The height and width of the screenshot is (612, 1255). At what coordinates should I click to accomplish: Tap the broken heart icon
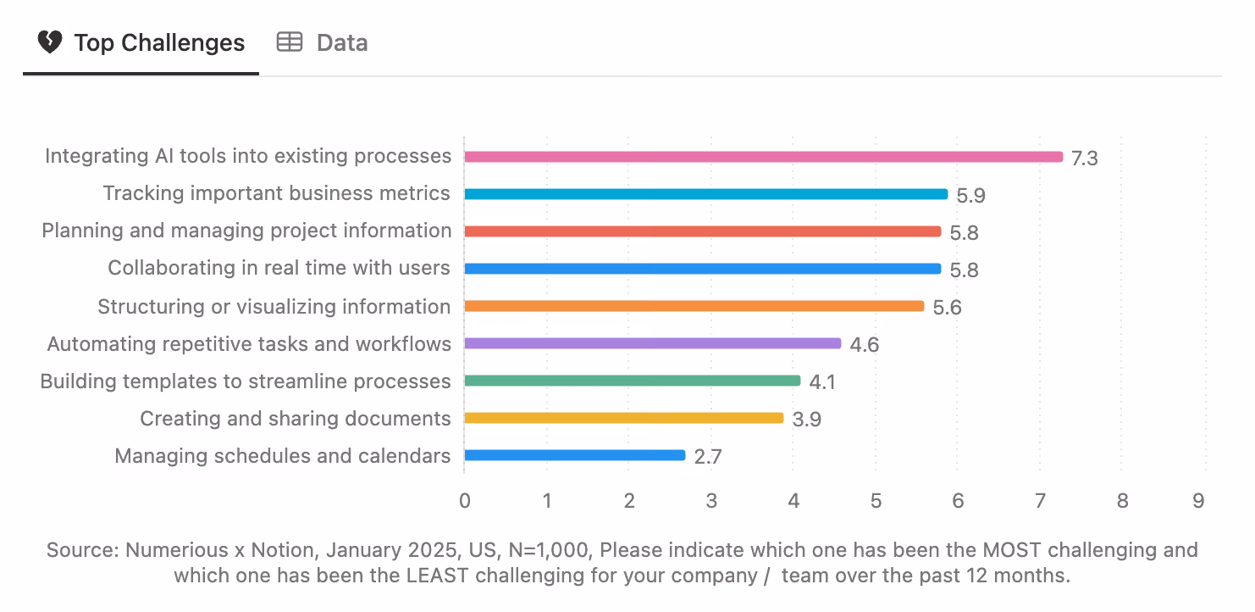point(50,42)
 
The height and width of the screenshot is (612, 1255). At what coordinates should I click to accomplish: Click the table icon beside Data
point(290,42)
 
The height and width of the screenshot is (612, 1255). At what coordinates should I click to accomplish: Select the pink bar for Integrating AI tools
point(763,157)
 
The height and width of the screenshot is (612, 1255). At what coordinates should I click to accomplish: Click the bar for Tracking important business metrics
point(705,194)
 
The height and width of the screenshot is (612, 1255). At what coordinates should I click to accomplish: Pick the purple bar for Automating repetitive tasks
point(652,343)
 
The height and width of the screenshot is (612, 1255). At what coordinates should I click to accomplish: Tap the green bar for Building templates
point(632,381)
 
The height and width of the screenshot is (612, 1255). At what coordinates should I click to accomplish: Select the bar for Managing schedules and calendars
point(574,455)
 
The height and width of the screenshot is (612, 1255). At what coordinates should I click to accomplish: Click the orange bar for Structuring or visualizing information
point(694,306)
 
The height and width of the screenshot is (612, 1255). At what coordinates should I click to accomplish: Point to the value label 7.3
point(1084,159)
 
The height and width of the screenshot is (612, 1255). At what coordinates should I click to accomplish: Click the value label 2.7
point(707,457)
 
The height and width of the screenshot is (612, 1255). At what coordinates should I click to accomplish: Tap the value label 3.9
point(806,420)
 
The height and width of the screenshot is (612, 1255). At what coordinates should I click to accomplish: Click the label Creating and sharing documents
point(295,419)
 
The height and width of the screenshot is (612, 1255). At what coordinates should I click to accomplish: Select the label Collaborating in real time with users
point(279,269)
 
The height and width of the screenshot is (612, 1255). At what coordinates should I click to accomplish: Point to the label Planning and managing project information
point(246,231)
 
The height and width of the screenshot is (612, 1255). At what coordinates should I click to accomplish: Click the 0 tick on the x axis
point(465,501)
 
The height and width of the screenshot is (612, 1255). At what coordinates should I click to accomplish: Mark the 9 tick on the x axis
point(1198,501)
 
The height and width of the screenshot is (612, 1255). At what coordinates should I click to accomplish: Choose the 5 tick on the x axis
point(876,501)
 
